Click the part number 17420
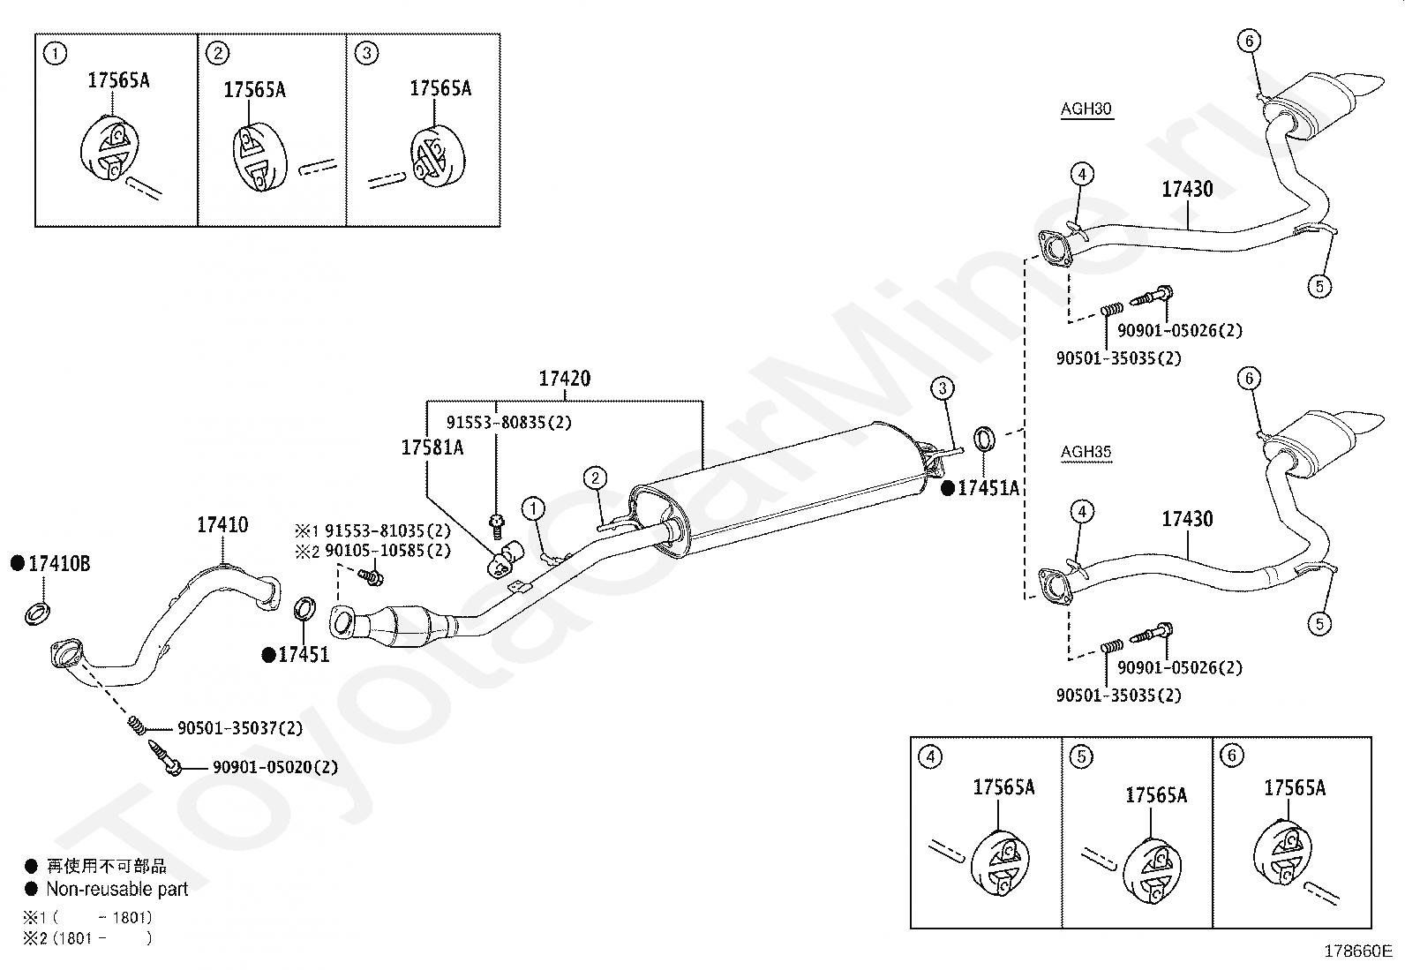click(x=565, y=379)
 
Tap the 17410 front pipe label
click(x=222, y=524)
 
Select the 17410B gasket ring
click(x=38, y=613)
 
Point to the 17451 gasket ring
click(x=304, y=609)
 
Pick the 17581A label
click(x=432, y=447)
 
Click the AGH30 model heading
click(x=1086, y=109)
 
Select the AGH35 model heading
click(x=1086, y=452)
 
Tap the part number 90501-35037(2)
click(x=240, y=728)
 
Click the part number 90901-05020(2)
click(x=275, y=767)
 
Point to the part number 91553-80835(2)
click(x=509, y=422)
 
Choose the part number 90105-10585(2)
click(x=387, y=550)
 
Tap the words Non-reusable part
click(x=117, y=889)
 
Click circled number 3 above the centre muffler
click(x=942, y=388)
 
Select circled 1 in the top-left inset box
click(x=56, y=54)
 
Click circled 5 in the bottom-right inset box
click(x=1081, y=756)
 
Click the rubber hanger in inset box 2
click(x=259, y=158)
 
